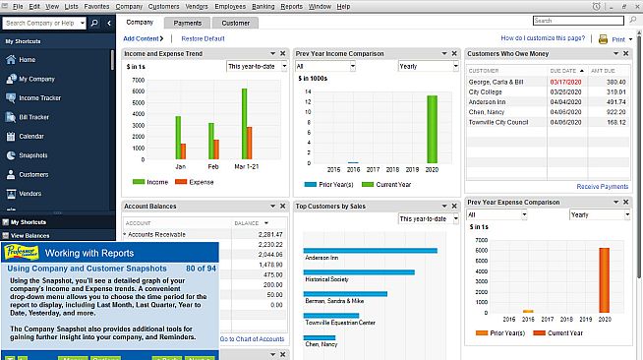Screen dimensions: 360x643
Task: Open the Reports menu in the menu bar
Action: click(291, 6)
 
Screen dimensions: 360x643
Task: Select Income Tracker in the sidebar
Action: click(40, 97)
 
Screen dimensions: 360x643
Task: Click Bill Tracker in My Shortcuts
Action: click(34, 117)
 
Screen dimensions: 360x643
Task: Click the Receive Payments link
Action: click(602, 186)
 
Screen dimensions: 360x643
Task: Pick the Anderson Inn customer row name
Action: click(488, 101)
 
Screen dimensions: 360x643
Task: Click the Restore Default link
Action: click(204, 38)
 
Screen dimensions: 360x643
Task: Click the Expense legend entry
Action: click(200, 182)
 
